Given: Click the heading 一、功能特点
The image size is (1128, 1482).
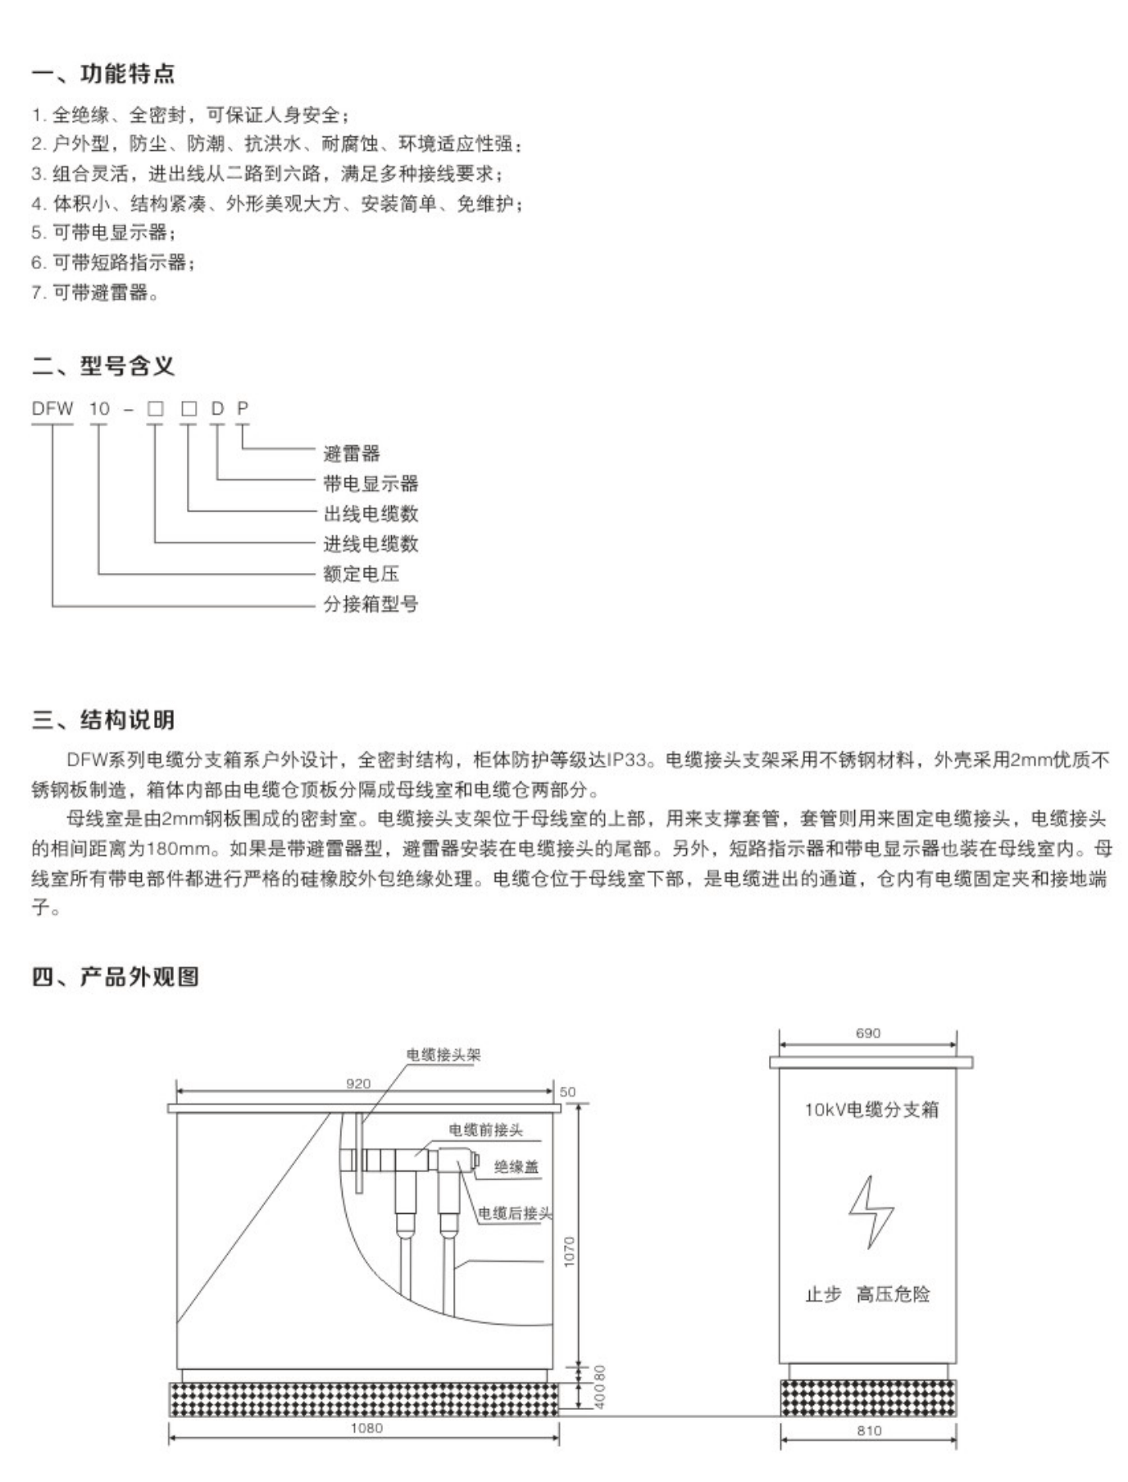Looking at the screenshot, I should coord(103,74).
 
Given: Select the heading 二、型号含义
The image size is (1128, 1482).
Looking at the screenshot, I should coord(103,366).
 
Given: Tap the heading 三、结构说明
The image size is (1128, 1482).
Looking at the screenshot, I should coord(103,720).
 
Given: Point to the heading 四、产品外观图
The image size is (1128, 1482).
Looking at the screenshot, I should coord(116,976).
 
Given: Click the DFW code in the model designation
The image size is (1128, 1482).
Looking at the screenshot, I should coord(52,408).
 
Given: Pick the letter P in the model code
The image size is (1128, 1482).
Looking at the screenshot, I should coord(243,408).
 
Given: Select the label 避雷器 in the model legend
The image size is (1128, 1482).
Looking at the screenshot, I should coord(352,453).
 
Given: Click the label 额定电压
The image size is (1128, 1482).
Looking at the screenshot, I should coord(361,574).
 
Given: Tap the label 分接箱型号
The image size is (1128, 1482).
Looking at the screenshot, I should coord(371,604).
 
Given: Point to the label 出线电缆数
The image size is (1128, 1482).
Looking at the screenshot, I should coord(371,514).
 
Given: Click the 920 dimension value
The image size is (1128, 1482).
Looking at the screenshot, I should coord(358,1084).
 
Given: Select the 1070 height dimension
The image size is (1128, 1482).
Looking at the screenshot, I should coord(570,1251).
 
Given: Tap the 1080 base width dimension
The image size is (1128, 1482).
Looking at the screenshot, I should coord(366,1428).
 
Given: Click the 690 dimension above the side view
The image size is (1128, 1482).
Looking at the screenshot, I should coord(868,1034).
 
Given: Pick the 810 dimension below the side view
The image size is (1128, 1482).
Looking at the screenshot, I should coord(869,1430).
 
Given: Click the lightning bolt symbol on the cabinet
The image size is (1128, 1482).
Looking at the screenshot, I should coord(871,1212).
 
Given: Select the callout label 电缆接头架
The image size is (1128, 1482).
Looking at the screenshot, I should coord(443,1055).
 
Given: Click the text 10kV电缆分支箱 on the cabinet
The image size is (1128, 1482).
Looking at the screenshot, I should coord(871,1110).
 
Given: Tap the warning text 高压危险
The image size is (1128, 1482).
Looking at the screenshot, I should coord(893,1294).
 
